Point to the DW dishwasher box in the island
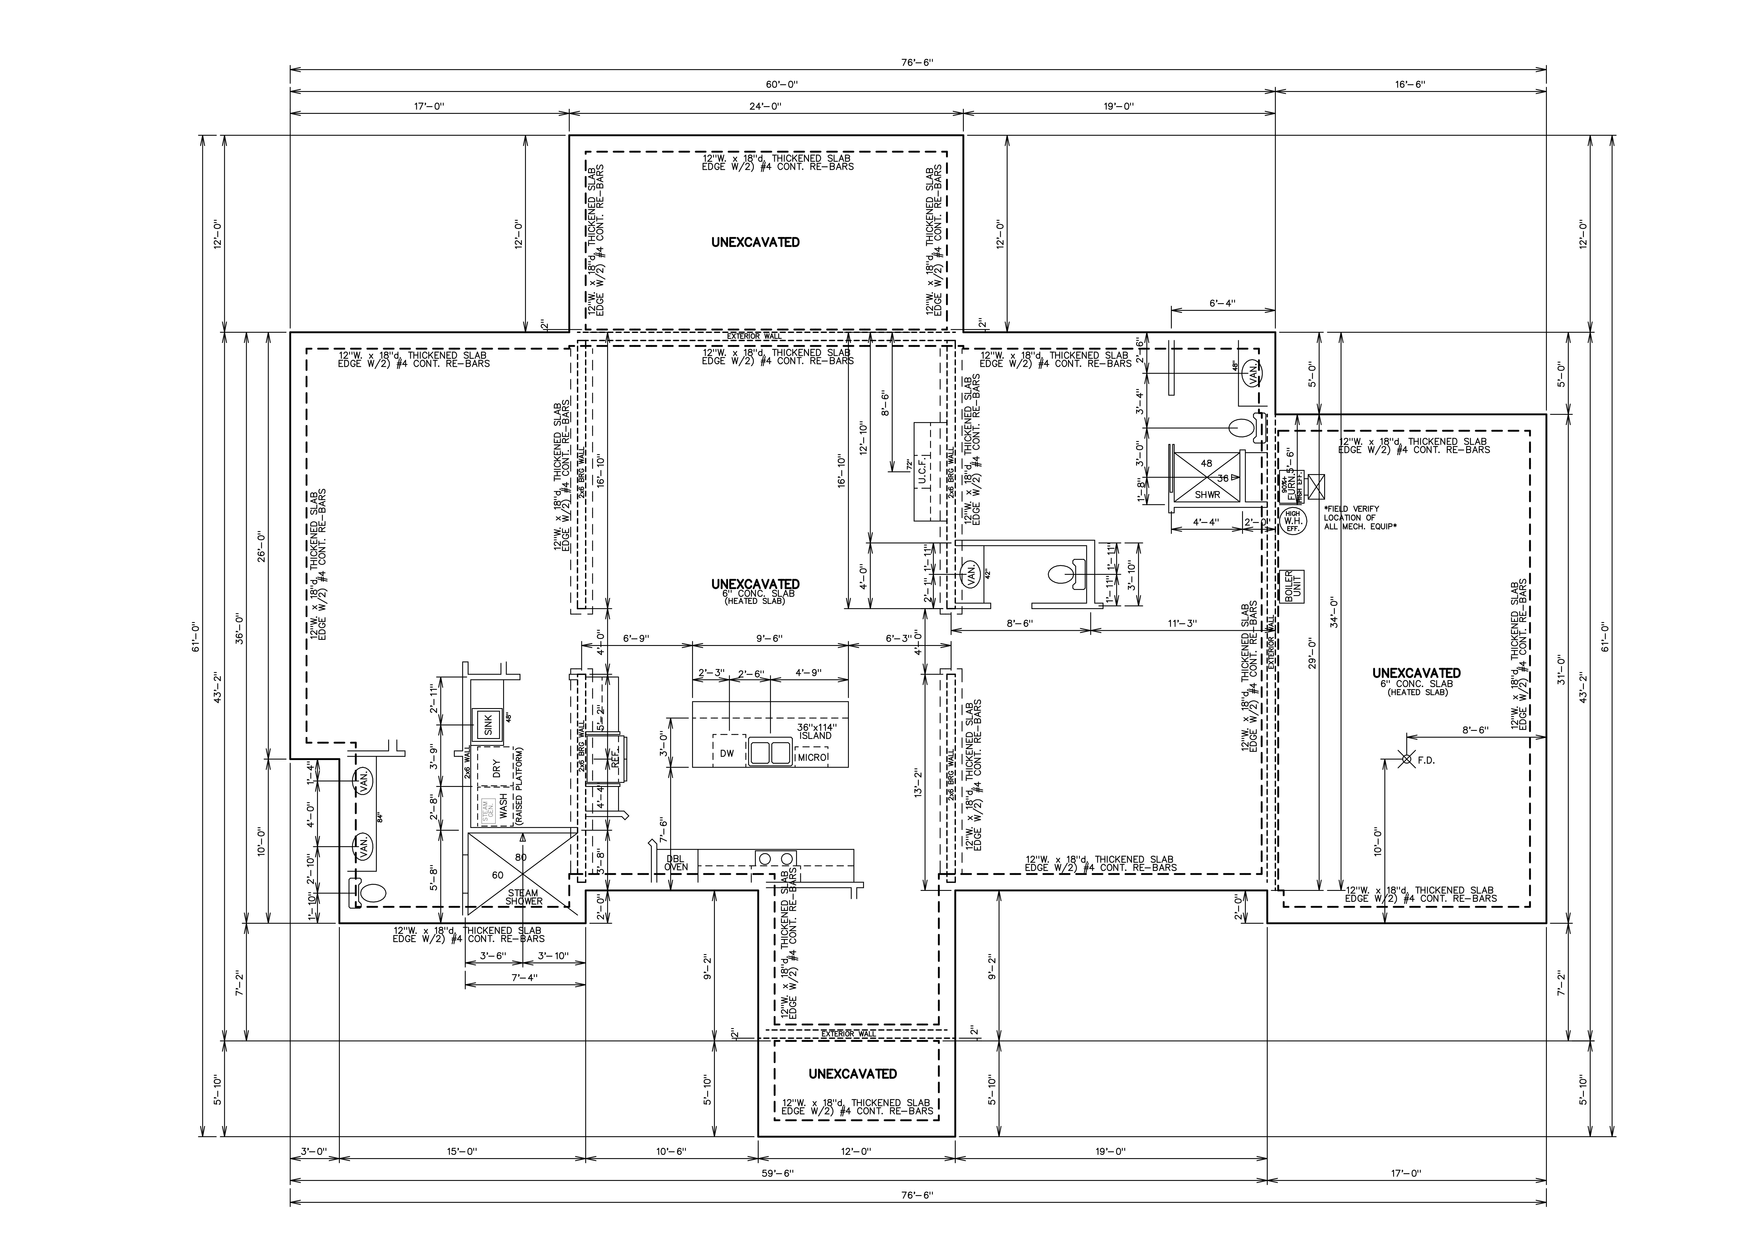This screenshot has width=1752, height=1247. (x=727, y=753)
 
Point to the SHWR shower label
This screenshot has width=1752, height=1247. (x=1207, y=494)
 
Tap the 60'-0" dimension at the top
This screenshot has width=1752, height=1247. (x=782, y=84)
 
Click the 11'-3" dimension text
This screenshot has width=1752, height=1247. (x=1182, y=623)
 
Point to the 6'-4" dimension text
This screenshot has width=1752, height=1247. (x=1222, y=303)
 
